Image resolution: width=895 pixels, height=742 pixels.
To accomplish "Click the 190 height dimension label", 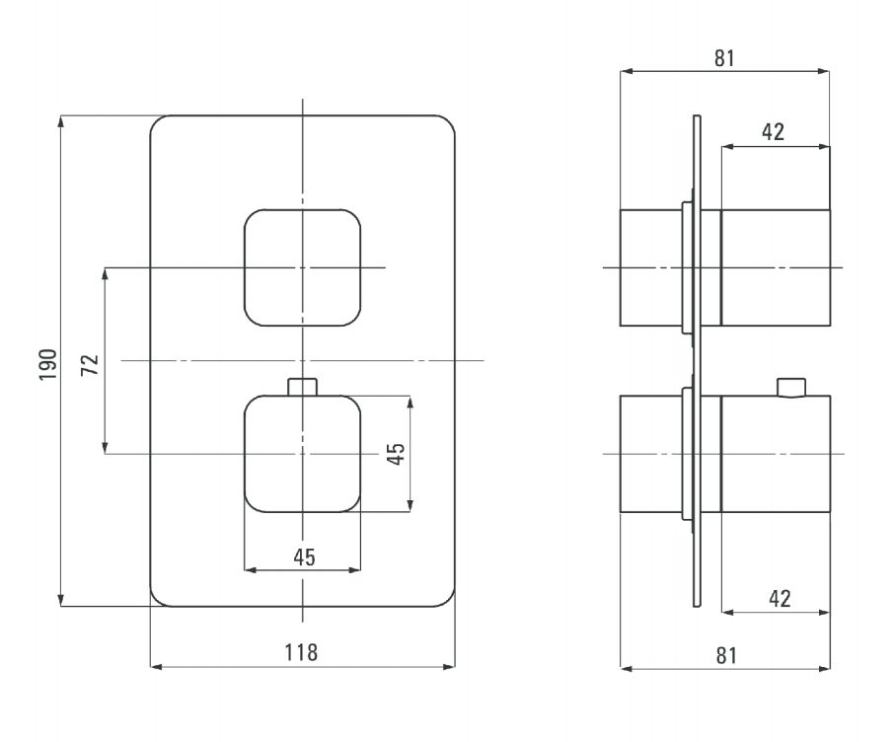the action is click(48, 364).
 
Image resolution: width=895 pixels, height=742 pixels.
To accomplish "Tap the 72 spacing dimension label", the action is click(90, 365).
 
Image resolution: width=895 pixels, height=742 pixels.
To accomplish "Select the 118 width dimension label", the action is click(301, 652).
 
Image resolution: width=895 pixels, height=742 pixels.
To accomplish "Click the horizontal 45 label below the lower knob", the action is click(304, 557).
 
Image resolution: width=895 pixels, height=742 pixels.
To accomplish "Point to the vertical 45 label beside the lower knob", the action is click(396, 454).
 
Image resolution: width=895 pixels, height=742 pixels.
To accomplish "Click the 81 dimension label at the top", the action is click(724, 58).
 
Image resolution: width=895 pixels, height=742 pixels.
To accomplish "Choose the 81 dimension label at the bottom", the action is click(726, 655).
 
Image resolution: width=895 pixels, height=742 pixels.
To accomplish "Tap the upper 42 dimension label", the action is click(773, 132).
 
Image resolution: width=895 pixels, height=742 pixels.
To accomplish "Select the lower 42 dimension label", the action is click(780, 599).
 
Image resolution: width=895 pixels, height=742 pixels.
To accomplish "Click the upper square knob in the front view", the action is click(303, 267).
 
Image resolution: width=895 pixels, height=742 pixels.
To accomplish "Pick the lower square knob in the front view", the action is click(303, 454).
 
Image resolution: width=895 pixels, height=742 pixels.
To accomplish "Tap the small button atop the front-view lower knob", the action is click(303, 387).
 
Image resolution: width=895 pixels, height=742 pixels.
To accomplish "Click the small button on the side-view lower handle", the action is click(791, 387).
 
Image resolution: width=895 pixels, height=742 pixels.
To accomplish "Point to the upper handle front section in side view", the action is click(776, 267).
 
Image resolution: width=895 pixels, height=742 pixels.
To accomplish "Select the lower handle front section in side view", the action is click(776, 454).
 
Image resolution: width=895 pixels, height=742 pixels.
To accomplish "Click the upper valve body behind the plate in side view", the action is click(651, 267).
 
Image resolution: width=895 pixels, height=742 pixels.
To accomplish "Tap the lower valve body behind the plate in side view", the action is click(651, 454).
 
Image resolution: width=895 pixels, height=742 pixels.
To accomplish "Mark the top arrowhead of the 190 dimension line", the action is click(61, 121).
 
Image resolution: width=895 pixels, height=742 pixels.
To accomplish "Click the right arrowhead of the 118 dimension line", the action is click(449, 666).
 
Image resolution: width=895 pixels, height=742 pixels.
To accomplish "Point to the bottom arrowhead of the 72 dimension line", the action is click(105, 448).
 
